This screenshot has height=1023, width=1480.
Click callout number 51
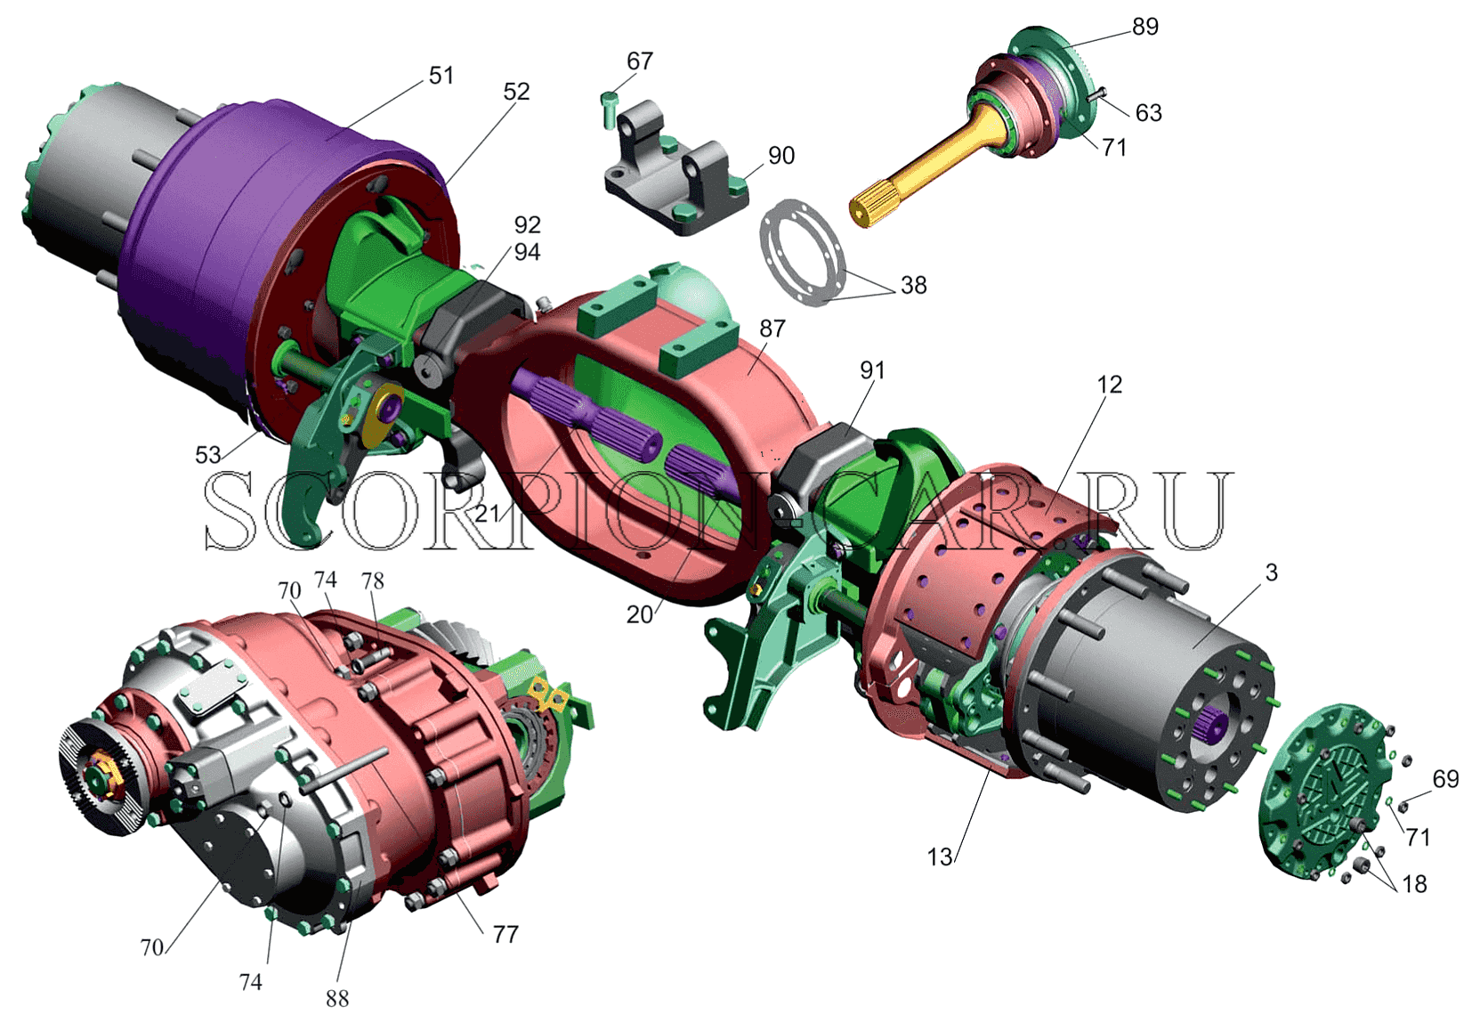(x=441, y=76)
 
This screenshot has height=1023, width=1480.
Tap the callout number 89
(x=1145, y=27)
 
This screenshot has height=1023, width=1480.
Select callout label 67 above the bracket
(x=640, y=61)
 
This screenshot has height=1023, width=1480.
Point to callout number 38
(x=914, y=285)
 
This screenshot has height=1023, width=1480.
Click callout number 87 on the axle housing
(x=772, y=329)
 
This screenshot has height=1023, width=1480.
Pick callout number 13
(x=940, y=857)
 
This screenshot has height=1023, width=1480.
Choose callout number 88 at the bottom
(x=337, y=999)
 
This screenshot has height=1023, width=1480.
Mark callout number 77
(x=505, y=935)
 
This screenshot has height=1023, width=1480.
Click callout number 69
(x=1445, y=779)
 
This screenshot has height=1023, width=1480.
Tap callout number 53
(x=207, y=455)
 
